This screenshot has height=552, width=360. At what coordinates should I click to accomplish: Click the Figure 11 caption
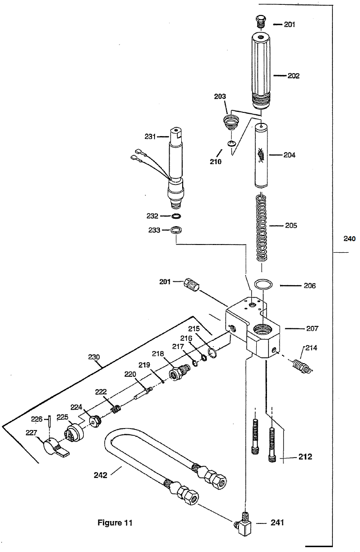point(115,523)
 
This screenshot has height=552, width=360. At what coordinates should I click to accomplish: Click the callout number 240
point(349,239)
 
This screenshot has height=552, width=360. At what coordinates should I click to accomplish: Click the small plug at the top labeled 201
point(260,21)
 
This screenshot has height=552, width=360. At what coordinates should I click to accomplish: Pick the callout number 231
point(150,136)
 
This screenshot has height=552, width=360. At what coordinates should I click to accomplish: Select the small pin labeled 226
point(50,421)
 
